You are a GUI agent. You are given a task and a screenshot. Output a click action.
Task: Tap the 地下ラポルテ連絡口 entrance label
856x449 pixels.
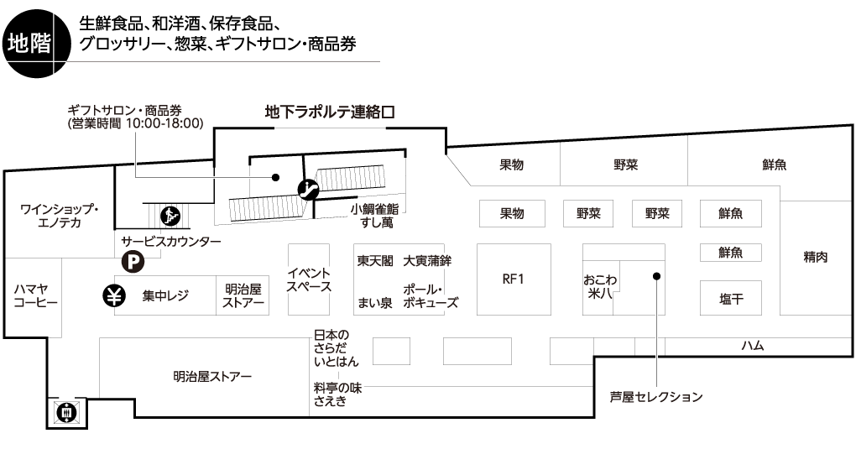pos(329,111)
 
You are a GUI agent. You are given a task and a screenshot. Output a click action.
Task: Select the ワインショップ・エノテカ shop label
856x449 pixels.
pos(60,216)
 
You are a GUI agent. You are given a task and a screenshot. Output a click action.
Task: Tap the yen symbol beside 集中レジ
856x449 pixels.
pos(114,295)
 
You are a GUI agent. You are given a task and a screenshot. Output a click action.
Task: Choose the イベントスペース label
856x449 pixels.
pos(309,279)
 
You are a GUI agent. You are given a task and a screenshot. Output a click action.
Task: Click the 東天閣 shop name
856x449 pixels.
pos(374,261)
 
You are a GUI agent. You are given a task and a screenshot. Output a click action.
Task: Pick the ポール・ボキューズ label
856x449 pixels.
pos(431,295)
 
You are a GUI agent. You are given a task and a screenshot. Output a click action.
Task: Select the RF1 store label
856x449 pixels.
pos(513,279)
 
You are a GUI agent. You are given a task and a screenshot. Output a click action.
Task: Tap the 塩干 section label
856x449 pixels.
pos(729,298)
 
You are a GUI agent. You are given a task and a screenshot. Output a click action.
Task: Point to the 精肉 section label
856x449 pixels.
pos(815,257)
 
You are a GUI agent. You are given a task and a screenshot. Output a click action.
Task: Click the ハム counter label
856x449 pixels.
pos(752,345)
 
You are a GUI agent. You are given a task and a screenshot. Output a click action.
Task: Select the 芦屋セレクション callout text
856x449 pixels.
pos(655,396)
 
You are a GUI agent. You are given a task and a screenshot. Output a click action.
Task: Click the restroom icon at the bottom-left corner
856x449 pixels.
pos(65,412)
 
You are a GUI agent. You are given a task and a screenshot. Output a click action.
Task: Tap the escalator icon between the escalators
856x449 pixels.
pos(309,189)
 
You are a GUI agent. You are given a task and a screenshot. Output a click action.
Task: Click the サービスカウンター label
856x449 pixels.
pos(172,242)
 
